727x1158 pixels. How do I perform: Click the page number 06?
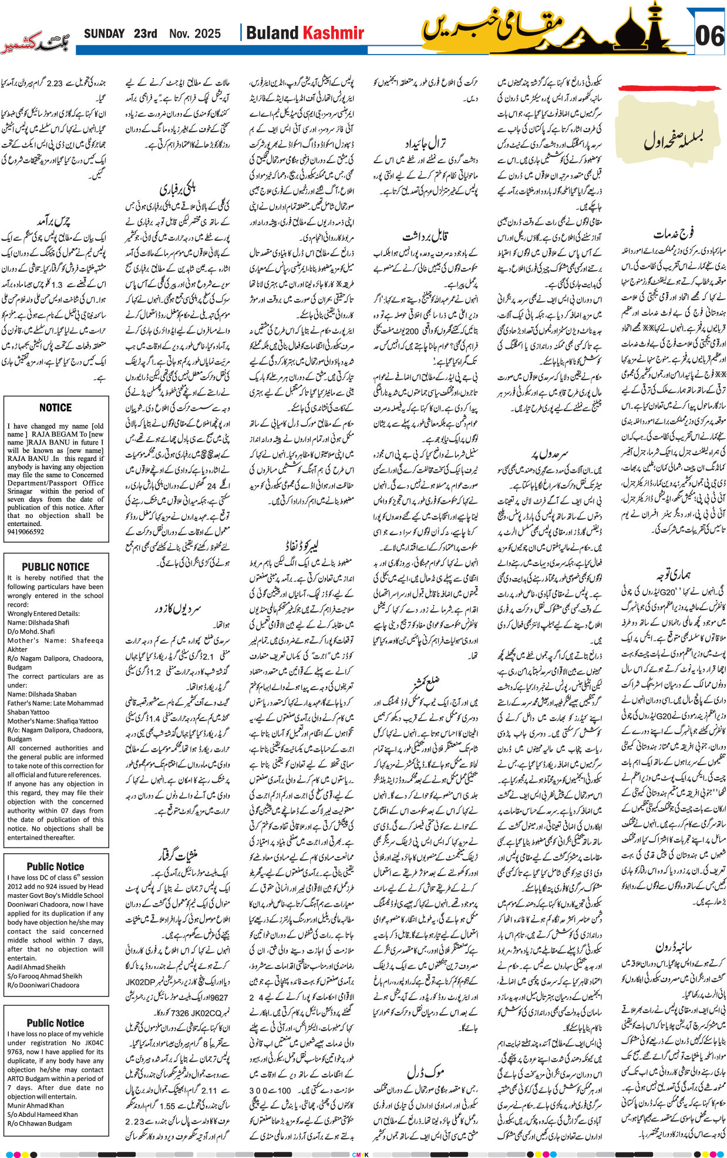click(x=709, y=36)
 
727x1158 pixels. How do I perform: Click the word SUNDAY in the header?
click(x=104, y=34)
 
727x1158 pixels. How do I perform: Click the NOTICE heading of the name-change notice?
click(x=56, y=408)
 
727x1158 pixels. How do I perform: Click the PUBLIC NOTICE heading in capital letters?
click(x=56, y=567)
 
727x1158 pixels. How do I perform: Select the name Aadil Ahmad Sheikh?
click(x=36, y=967)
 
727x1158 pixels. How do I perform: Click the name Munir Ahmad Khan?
click(x=36, y=1105)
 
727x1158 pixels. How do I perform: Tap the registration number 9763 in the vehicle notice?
click(x=16, y=1052)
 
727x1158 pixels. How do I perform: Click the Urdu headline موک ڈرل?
click(x=426, y=1071)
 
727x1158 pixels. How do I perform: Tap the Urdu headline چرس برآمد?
click(x=56, y=221)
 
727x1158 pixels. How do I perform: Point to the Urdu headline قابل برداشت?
click(x=426, y=236)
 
